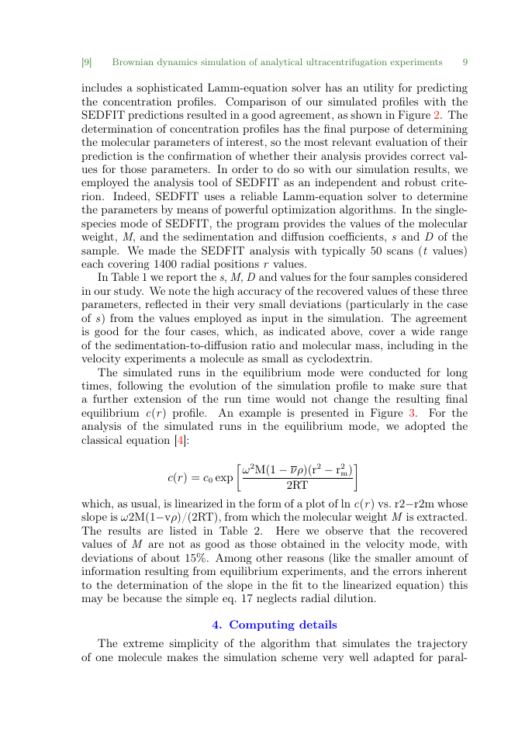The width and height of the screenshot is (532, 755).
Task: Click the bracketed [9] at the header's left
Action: coord(87,62)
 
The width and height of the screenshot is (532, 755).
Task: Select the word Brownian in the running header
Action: coord(135,62)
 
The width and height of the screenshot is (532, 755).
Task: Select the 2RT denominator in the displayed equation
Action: coord(298,485)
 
